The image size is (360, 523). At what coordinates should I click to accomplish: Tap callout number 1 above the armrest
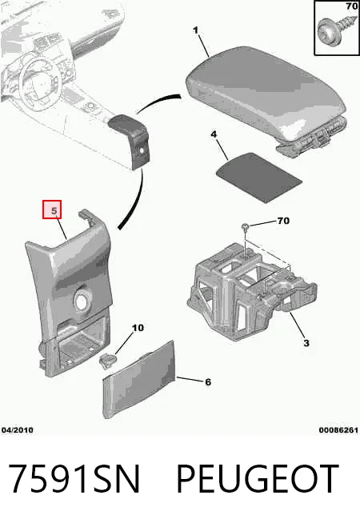(195, 30)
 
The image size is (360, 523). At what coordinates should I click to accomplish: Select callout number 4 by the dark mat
(214, 134)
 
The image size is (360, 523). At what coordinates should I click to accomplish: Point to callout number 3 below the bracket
(306, 342)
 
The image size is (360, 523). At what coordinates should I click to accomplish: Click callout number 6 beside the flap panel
(208, 381)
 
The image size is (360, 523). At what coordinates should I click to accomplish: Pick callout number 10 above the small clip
(138, 328)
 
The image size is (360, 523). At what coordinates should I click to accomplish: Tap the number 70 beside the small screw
(283, 221)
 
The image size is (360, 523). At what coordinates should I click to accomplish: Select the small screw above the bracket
(246, 227)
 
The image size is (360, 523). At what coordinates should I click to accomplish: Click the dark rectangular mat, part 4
(259, 178)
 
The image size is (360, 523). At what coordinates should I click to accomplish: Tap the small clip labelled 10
(108, 361)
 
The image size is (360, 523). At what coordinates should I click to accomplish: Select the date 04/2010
(18, 430)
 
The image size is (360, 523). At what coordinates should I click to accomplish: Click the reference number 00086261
(338, 430)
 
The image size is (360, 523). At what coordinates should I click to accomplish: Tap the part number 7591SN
(74, 479)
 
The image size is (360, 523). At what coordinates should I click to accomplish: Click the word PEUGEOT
(258, 479)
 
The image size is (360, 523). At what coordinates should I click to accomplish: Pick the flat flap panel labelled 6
(139, 379)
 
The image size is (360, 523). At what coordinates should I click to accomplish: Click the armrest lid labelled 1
(266, 94)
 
